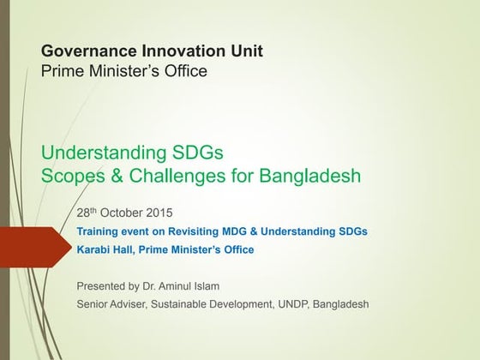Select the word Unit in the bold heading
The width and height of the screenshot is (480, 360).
click(246, 51)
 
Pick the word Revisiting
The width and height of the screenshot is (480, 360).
click(199, 231)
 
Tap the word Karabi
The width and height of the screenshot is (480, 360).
click(93, 250)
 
